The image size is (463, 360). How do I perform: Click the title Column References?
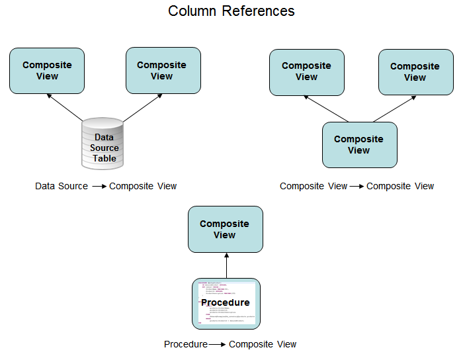tap(231, 11)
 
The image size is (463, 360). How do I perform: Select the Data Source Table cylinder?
tap(103, 143)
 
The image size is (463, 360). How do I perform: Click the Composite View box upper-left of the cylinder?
tap(47, 71)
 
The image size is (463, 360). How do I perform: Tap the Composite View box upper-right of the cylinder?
tap(163, 70)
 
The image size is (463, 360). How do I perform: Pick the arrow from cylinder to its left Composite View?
tap(66, 109)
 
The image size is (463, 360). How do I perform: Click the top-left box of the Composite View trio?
tap(306, 71)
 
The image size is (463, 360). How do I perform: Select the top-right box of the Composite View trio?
tap(415, 72)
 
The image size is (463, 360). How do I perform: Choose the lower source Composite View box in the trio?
tap(359, 145)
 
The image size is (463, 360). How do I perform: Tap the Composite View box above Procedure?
tap(225, 229)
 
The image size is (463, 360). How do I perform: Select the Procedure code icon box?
tap(226, 303)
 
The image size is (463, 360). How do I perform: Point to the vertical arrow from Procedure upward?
tap(226, 265)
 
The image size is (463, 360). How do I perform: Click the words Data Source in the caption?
tap(62, 186)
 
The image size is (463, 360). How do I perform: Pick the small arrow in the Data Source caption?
tap(99, 187)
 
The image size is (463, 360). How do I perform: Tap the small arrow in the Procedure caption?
tap(217, 345)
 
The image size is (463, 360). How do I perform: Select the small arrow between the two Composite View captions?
tap(357, 187)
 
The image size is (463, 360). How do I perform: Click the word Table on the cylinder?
tap(105, 159)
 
